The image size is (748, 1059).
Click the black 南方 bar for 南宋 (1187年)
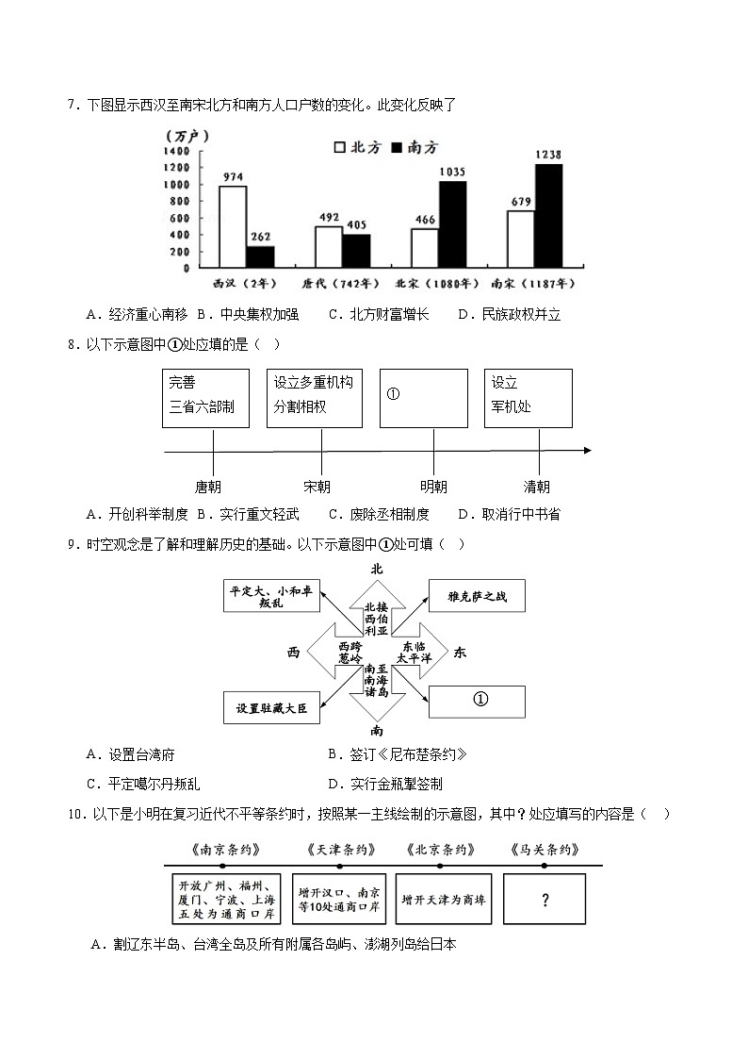coord(548,216)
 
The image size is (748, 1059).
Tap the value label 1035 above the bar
coord(452,172)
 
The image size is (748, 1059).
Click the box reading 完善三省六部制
coord(205,397)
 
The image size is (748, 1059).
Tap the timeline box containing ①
coord(424,397)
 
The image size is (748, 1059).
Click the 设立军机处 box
coord(528,397)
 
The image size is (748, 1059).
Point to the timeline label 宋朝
coord(317,487)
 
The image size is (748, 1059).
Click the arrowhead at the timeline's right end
coord(587,451)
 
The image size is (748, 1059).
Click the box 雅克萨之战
coord(477,597)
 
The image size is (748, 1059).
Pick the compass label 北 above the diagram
coord(377,569)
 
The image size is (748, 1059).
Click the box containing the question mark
coord(545,899)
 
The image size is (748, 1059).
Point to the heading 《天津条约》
coord(341,850)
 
